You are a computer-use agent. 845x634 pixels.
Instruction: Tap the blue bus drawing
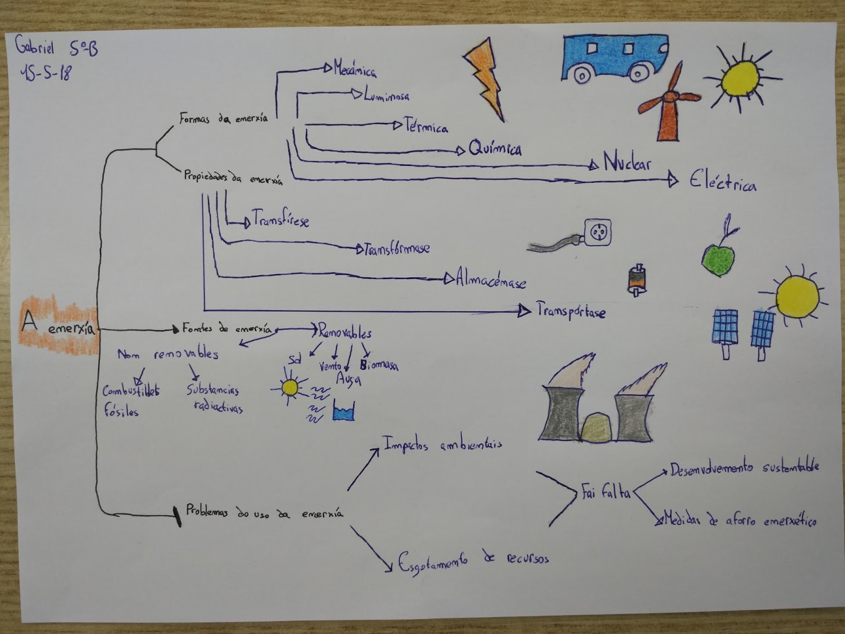tap(615, 58)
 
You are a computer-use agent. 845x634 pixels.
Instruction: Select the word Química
tap(495, 148)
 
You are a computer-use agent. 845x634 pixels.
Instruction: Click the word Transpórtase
tap(571, 311)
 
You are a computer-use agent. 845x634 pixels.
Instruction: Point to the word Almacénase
tap(491, 280)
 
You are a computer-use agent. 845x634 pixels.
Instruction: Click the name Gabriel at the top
tap(35, 48)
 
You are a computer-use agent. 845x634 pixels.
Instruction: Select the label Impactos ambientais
tap(442, 444)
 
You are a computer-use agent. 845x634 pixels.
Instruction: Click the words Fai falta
tap(606, 492)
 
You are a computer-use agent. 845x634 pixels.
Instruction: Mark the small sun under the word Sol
tap(290, 388)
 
